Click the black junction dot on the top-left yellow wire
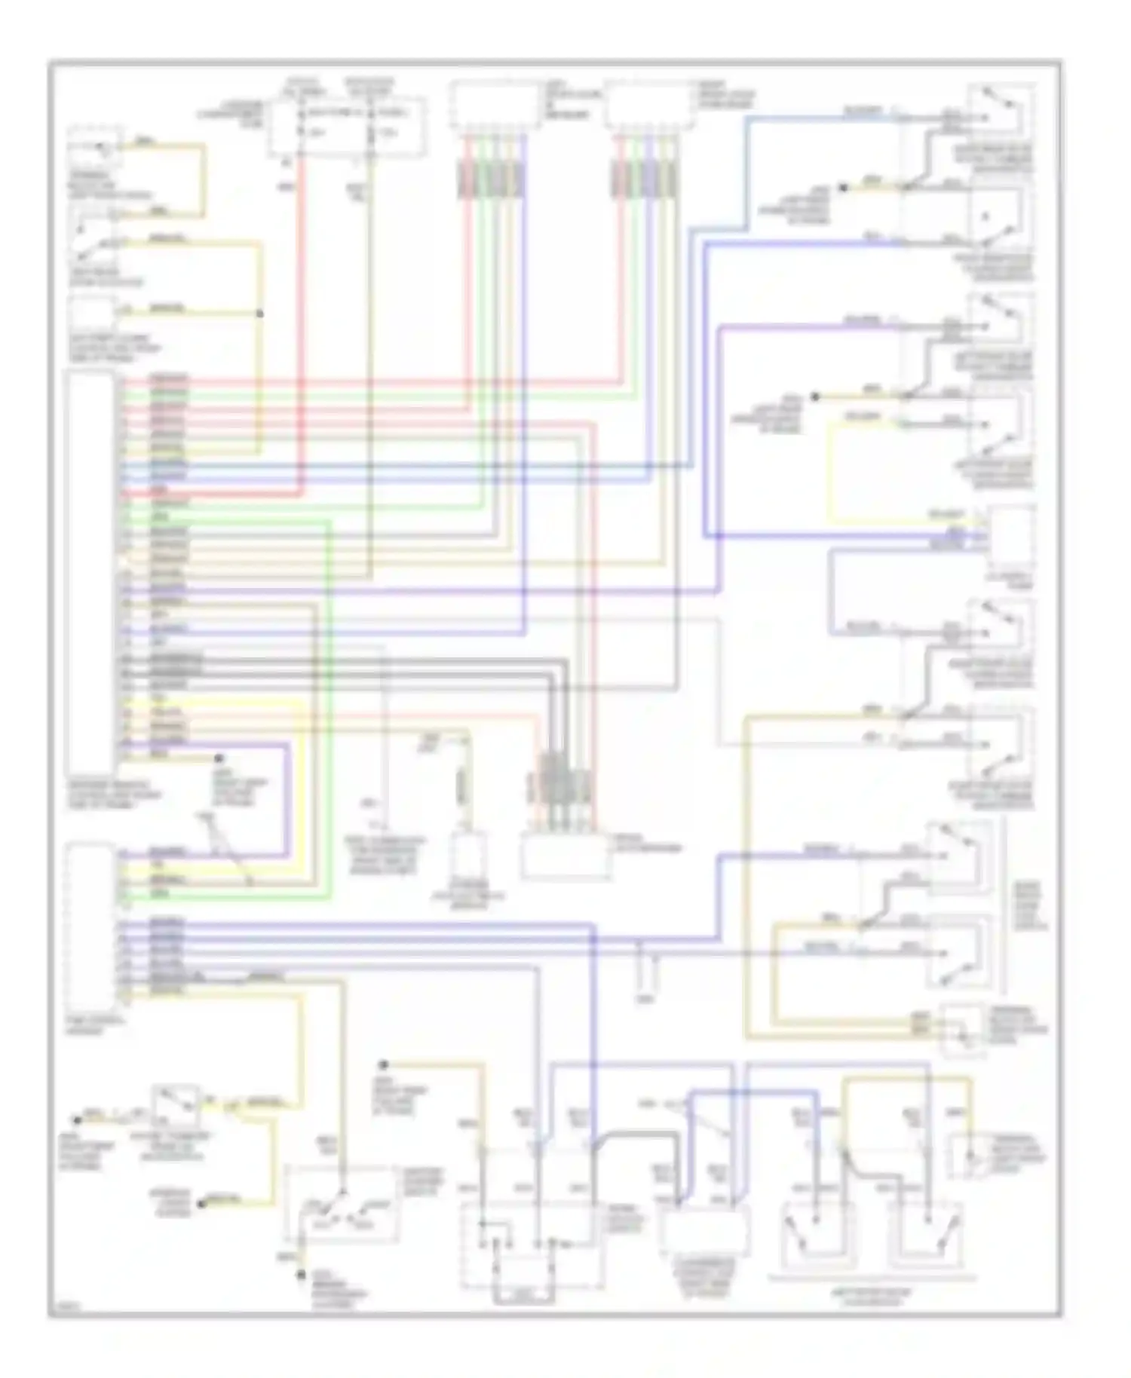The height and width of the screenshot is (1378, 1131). click(259, 314)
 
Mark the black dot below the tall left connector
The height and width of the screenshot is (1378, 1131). click(219, 758)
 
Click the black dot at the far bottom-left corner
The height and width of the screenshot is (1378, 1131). click(76, 1120)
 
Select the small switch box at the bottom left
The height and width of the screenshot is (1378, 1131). click(175, 1105)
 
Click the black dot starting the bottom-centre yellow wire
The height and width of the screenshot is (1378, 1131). click(384, 1065)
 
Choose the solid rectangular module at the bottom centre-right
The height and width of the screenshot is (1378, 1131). click(703, 1229)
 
